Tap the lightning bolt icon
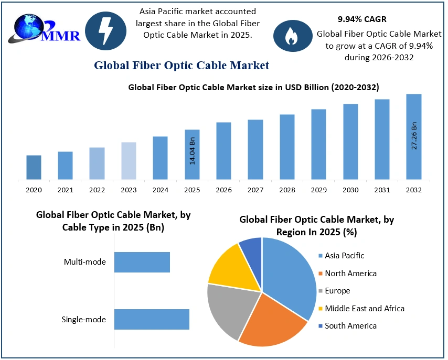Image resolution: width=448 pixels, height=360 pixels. point(105,31)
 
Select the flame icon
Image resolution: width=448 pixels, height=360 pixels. point(290,35)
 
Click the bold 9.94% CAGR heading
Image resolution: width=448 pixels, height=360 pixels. point(362,19)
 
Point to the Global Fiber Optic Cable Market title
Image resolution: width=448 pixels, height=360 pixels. point(182,66)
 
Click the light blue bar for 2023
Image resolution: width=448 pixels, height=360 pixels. point(129,161)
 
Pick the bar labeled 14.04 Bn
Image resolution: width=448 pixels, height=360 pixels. point(192,155)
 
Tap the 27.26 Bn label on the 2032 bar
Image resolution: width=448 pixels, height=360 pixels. point(414,136)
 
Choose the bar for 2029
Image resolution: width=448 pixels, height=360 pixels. point(319,145)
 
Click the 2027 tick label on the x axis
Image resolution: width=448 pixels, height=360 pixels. point(255,190)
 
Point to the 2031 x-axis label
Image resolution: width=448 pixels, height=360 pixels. point(382,190)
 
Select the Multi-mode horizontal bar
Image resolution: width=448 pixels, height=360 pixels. point(142,262)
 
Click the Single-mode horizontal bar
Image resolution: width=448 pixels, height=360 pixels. point(152,319)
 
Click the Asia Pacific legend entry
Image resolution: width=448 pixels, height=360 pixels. point(344,256)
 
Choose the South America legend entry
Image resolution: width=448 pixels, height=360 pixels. point(350,326)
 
